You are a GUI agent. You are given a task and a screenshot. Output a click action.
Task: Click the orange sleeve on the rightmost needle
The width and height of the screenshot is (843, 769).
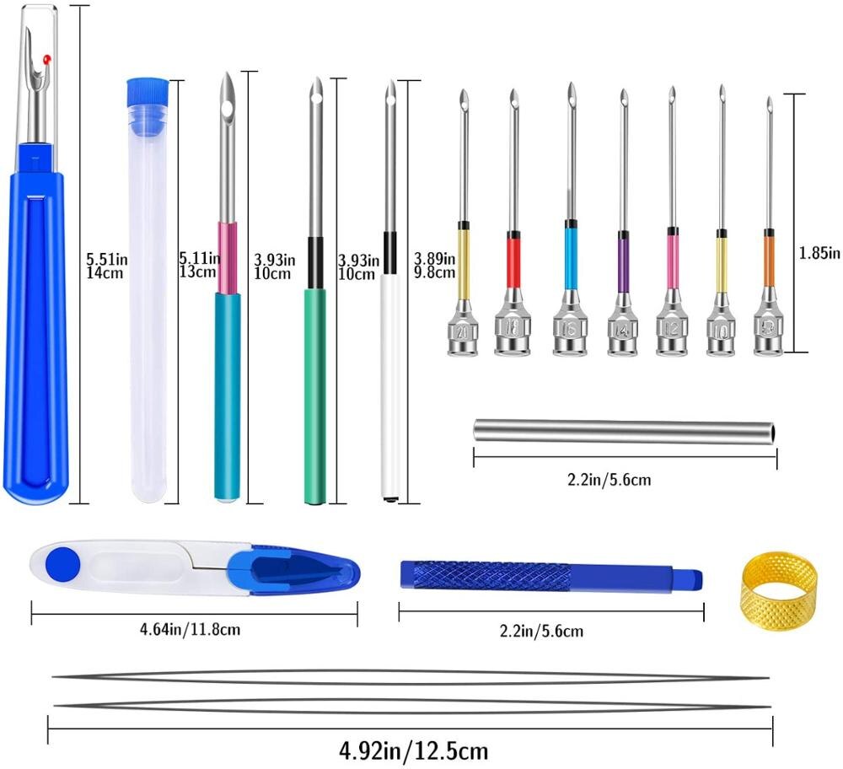(x=769, y=260)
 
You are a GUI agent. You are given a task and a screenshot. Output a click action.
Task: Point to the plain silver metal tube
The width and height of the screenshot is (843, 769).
(x=624, y=431)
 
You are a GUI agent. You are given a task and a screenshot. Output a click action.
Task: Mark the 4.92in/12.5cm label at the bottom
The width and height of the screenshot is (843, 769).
(x=412, y=749)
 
